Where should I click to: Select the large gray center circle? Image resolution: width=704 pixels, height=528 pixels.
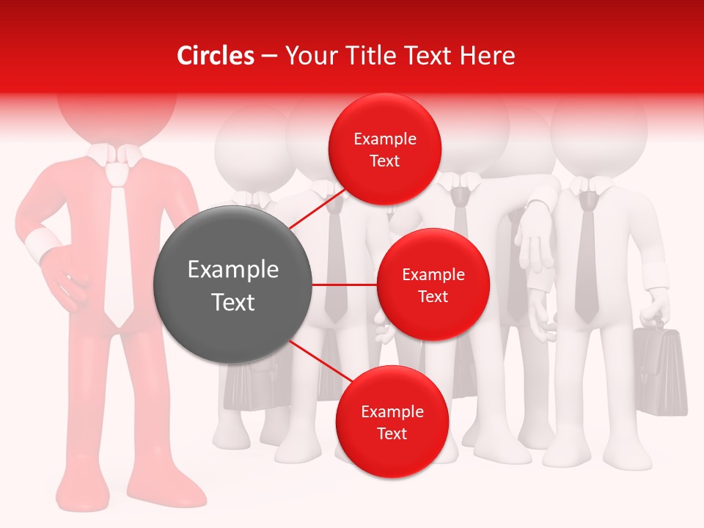(x=232, y=285)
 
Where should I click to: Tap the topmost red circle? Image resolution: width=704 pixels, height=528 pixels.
(x=385, y=149)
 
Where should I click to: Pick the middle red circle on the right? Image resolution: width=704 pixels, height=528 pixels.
(x=433, y=285)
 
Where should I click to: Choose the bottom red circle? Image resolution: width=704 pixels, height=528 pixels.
(x=392, y=422)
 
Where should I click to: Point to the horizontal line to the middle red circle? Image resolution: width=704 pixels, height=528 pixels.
(x=344, y=285)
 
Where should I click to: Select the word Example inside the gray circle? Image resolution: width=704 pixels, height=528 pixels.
(x=232, y=269)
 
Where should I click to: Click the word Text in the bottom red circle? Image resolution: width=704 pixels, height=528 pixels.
(x=392, y=433)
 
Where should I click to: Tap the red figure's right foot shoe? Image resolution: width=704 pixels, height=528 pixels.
(x=82, y=499)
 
